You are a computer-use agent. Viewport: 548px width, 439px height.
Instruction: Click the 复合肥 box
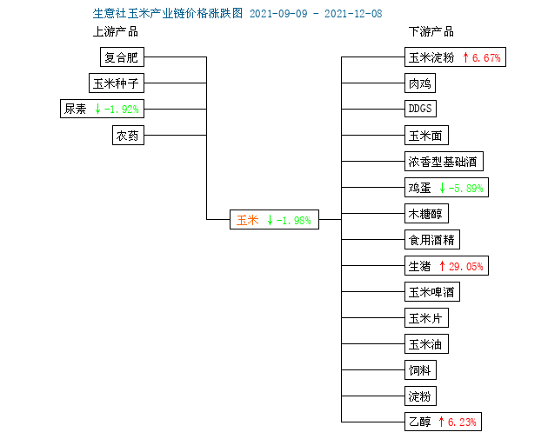[x=122, y=57]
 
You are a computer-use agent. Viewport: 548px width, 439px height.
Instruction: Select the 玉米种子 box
[x=117, y=83]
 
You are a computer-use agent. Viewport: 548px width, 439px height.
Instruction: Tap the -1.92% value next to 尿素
[x=121, y=110]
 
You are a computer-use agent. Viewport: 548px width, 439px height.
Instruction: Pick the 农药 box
[x=128, y=135]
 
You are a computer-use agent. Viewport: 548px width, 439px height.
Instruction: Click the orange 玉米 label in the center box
[x=247, y=220]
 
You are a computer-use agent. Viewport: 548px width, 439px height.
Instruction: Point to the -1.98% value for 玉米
[x=293, y=221]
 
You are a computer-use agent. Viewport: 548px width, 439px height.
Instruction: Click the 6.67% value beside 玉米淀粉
[x=486, y=57]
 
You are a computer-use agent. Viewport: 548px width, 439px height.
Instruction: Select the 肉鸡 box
[x=420, y=83]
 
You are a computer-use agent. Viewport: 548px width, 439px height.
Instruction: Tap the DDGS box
[x=420, y=109]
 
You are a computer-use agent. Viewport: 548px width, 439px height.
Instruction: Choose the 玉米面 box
[x=426, y=135]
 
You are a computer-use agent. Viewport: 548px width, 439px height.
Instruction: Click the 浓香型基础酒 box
[x=444, y=162]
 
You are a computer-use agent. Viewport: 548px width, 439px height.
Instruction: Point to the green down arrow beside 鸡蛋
[x=442, y=188]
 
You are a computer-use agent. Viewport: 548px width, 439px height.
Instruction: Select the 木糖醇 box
[x=426, y=213]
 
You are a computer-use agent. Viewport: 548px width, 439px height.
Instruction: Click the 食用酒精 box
[x=432, y=240]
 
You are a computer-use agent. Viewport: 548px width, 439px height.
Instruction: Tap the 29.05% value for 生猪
[x=466, y=267]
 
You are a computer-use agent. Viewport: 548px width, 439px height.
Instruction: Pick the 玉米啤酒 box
[x=432, y=291]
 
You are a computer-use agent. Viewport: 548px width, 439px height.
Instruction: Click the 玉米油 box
[x=426, y=344]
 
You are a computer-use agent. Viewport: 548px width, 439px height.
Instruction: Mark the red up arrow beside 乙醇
[x=441, y=422]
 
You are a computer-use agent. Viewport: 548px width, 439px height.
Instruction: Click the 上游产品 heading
[x=116, y=32]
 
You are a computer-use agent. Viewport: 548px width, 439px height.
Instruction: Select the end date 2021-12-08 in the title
[x=353, y=14]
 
